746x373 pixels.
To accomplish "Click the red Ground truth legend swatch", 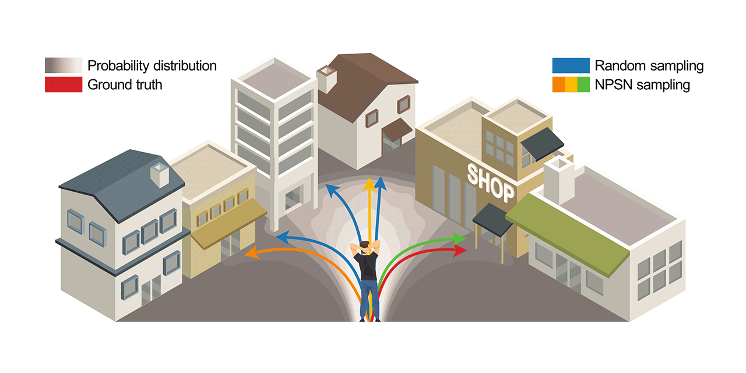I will coord(63,85).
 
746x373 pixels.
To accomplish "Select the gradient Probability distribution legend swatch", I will coord(63,65).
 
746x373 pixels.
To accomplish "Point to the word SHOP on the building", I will coord(491,182).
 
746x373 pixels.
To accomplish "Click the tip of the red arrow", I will coord(466,250).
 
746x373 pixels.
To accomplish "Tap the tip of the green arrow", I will coord(465,238).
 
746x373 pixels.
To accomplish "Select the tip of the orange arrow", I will coord(247,254).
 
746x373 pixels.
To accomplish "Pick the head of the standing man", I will coord(365,247).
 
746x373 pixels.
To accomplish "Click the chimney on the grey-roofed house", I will coord(159,174).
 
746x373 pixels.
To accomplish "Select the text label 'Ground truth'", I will coord(125,85).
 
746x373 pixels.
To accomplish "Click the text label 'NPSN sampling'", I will coord(642,85).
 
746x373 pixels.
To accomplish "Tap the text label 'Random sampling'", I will coord(649,65).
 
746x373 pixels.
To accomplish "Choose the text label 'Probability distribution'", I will coord(152,65).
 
